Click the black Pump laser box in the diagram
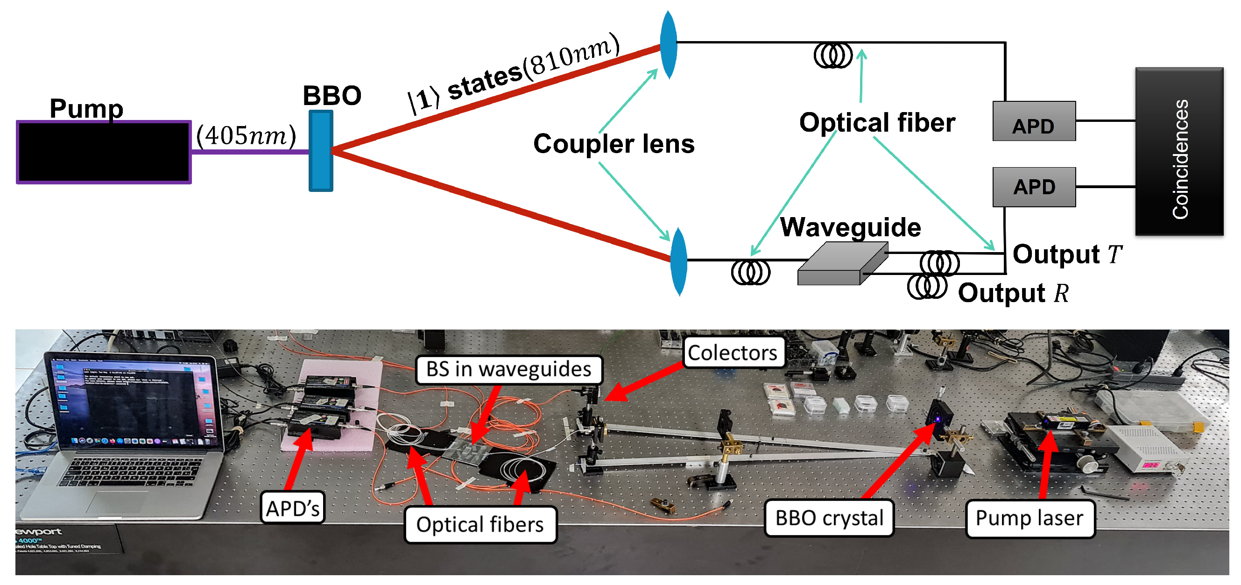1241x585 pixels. click(104, 152)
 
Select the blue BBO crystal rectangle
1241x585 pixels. click(321, 151)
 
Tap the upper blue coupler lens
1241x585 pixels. click(669, 44)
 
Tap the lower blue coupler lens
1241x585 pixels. click(679, 261)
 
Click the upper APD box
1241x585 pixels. click(1034, 121)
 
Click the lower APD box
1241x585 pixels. click(1034, 187)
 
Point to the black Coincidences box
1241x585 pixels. click(1179, 152)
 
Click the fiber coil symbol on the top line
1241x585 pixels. click(832, 56)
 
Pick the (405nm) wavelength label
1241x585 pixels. click(246, 136)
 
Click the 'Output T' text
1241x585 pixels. click(1067, 254)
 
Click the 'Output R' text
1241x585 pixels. click(1013, 293)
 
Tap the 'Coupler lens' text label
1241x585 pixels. click(613, 144)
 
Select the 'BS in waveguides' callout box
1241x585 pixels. click(508, 370)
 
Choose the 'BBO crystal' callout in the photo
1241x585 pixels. click(829, 519)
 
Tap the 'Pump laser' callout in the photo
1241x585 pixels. click(1029, 519)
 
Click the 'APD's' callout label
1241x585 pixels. click(292, 508)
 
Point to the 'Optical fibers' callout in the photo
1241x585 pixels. click(480, 525)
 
